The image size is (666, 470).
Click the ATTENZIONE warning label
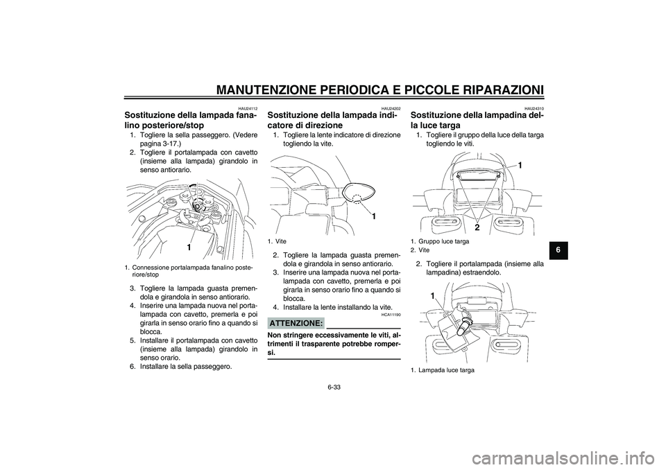296,324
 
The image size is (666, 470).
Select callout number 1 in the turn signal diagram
373,217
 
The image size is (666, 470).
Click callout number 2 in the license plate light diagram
477,227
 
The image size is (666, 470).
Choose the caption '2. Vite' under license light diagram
420,250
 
